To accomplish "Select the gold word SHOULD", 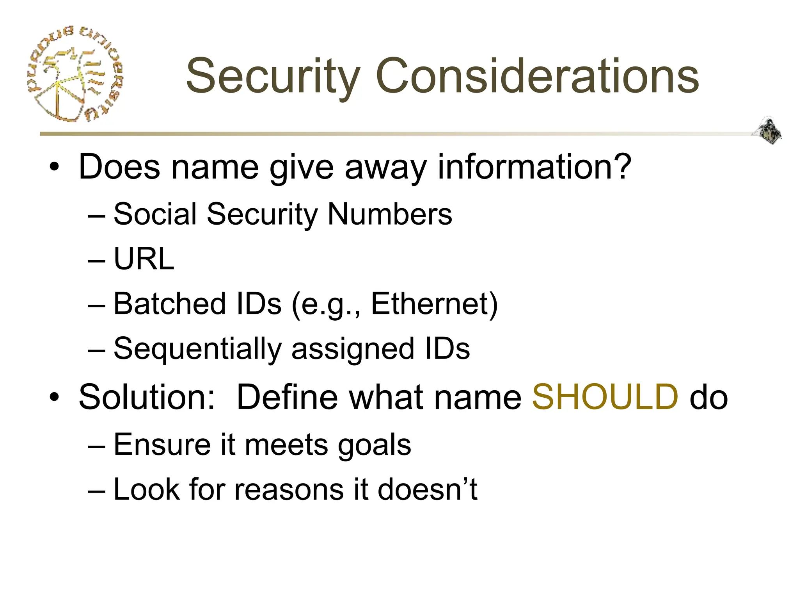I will click(605, 397).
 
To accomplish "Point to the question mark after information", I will click(620, 167).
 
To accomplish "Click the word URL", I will click(144, 259).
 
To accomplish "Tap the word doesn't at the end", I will click(427, 489).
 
